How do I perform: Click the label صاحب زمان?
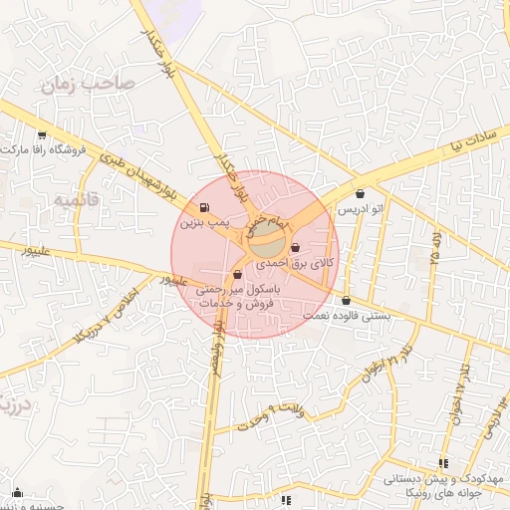[x=82, y=86]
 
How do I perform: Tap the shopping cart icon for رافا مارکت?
[x=41, y=135]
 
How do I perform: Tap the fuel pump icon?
[x=204, y=208]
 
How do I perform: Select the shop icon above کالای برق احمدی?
[x=296, y=247]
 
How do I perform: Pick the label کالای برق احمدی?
[x=297, y=264]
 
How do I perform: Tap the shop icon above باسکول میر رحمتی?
[x=237, y=274]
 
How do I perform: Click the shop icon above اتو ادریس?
[x=359, y=194]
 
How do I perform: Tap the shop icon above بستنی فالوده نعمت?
[x=346, y=300]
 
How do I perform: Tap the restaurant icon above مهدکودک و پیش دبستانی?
[x=443, y=462]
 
